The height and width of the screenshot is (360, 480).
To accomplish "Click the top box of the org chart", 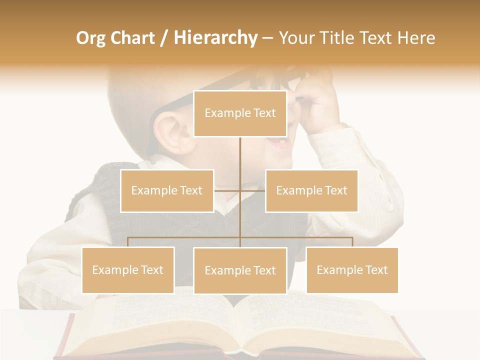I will click(240, 113).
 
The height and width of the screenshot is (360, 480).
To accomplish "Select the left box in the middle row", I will click(167, 190).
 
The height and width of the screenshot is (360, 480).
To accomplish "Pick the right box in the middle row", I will click(311, 190).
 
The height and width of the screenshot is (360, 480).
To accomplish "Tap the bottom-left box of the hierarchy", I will click(128, 270).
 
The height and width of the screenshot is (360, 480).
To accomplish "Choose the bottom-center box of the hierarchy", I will click(240, 270).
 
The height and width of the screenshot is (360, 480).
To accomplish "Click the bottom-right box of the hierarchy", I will click(352, 270).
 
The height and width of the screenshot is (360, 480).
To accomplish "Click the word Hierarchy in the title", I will click(215, 38).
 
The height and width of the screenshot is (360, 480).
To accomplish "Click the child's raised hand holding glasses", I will click(317, 100).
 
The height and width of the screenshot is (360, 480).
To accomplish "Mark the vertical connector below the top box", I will click(240, 160).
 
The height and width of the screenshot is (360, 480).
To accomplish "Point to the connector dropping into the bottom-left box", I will click(128, 242).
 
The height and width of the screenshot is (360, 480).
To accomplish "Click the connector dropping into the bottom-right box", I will click(352, 242).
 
